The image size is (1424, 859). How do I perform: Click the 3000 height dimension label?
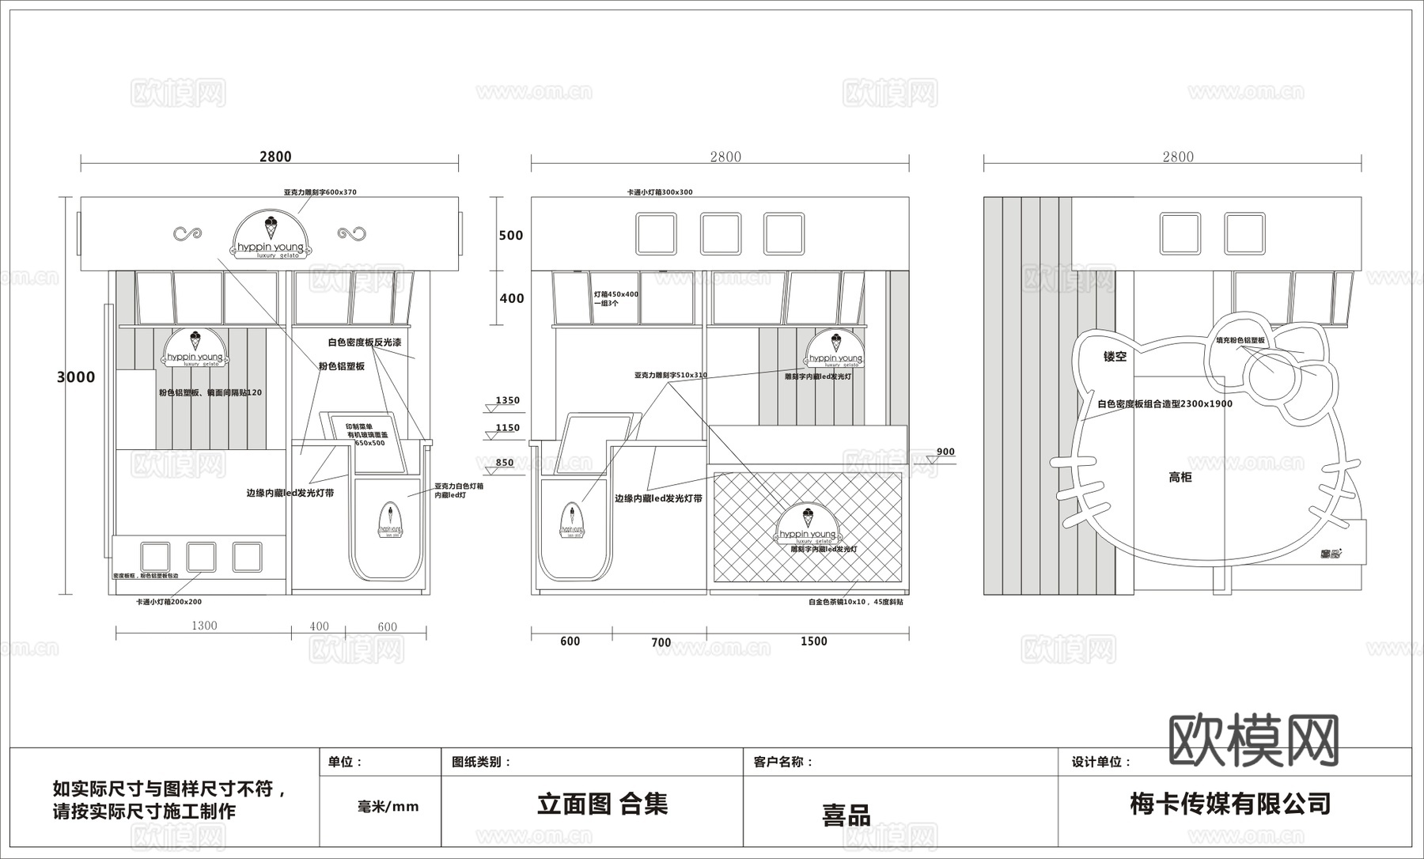coord(76,377)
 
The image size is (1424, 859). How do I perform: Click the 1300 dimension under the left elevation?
coord(204,626)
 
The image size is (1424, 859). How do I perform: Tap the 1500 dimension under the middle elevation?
coord(813,641)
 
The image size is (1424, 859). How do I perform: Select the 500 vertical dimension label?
coord(511,236)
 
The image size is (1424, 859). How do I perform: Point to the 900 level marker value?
coord(945,452)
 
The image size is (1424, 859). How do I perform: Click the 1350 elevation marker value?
coord(507,400)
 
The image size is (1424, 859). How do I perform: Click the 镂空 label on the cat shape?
coord(1115,357)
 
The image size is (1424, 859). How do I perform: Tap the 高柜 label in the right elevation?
coord(1180,477)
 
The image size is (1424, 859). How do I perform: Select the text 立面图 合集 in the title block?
coord(603,804)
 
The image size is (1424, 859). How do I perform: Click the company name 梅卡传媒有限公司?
coord(1230,804)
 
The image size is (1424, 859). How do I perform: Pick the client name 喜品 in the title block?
coord(846,815)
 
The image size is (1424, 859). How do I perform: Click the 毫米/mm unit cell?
coord(388,807)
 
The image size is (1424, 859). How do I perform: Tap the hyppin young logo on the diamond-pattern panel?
coord(808,528)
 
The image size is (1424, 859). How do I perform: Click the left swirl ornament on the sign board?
coord(187,233)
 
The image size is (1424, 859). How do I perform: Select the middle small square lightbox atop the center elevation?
coord(720,234)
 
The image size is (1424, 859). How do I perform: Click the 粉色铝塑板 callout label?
coord(341,366)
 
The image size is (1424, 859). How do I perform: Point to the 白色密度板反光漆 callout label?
coord(365,342)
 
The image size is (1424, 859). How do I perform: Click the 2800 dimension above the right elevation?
coord(1177,157)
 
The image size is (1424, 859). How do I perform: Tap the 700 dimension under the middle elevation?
coord(661,642)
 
